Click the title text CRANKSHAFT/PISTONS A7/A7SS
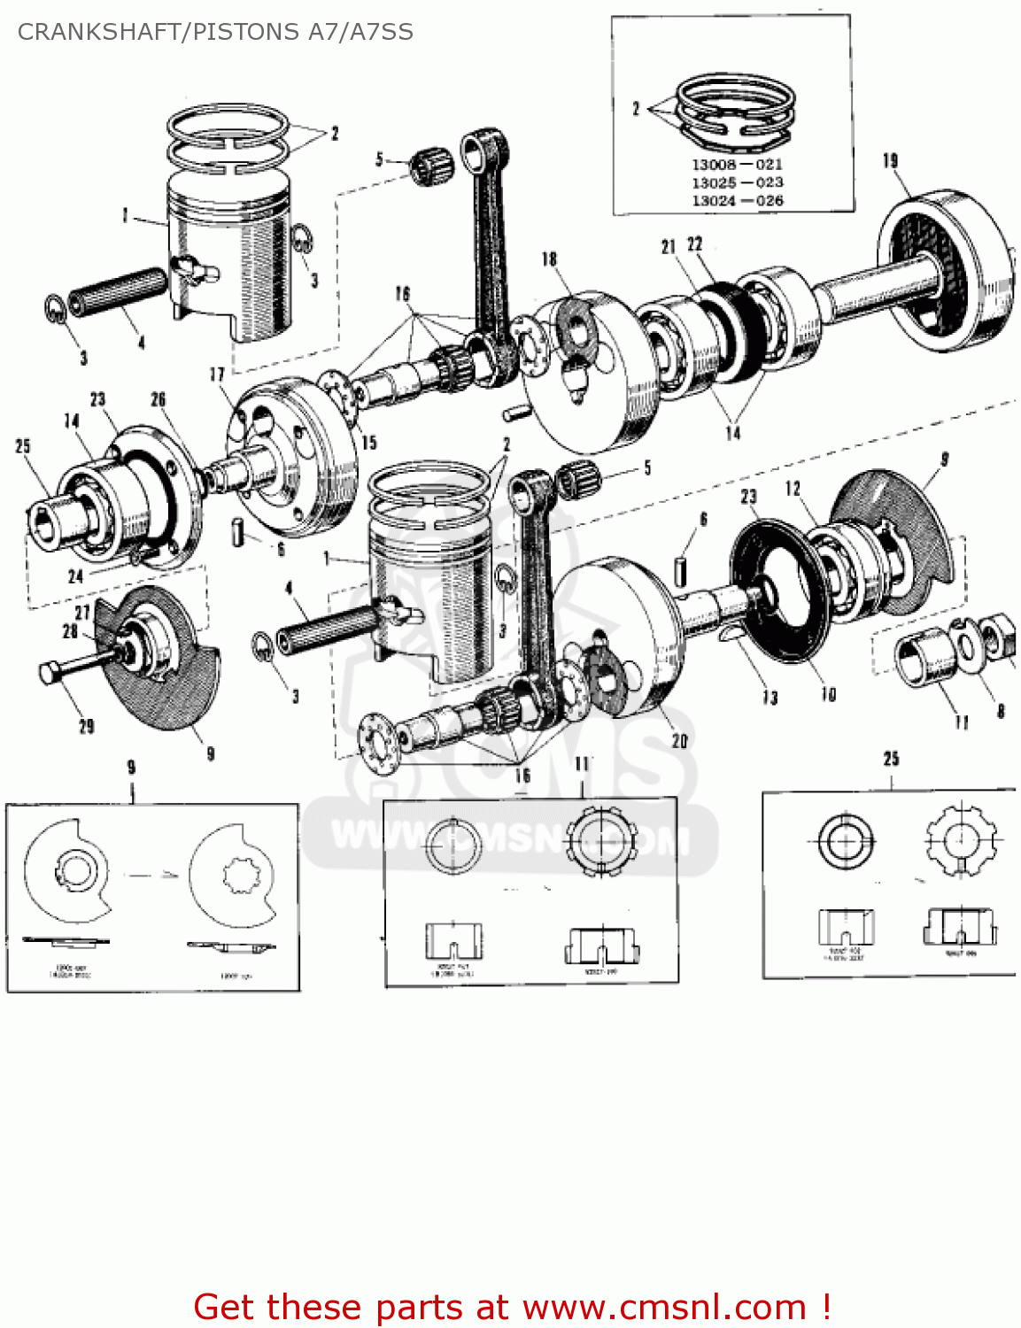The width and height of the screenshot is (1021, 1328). (215, 32)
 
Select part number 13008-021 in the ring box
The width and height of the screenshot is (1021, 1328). (737, 165)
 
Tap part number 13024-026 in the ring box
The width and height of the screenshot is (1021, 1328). (737, 201)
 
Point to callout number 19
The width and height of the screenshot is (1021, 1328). (890, 160)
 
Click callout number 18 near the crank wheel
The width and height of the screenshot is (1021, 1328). (549, 259)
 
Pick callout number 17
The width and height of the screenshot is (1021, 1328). (217, 374)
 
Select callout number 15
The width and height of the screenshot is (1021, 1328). (368, 442)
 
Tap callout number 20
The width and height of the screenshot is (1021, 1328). (679, 740)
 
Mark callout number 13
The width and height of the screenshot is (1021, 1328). (770, 698)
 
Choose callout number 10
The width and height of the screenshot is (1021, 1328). (828, 694)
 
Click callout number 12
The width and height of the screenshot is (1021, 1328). (793, 488)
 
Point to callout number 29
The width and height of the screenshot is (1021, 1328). (87, 727)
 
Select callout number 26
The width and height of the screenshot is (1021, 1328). (158, 399)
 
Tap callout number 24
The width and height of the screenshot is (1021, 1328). (76, 576)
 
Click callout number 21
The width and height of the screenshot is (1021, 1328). (669, 247)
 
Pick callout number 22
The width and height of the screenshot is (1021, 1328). (695, 243)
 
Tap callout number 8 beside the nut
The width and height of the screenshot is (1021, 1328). (1001, 711)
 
